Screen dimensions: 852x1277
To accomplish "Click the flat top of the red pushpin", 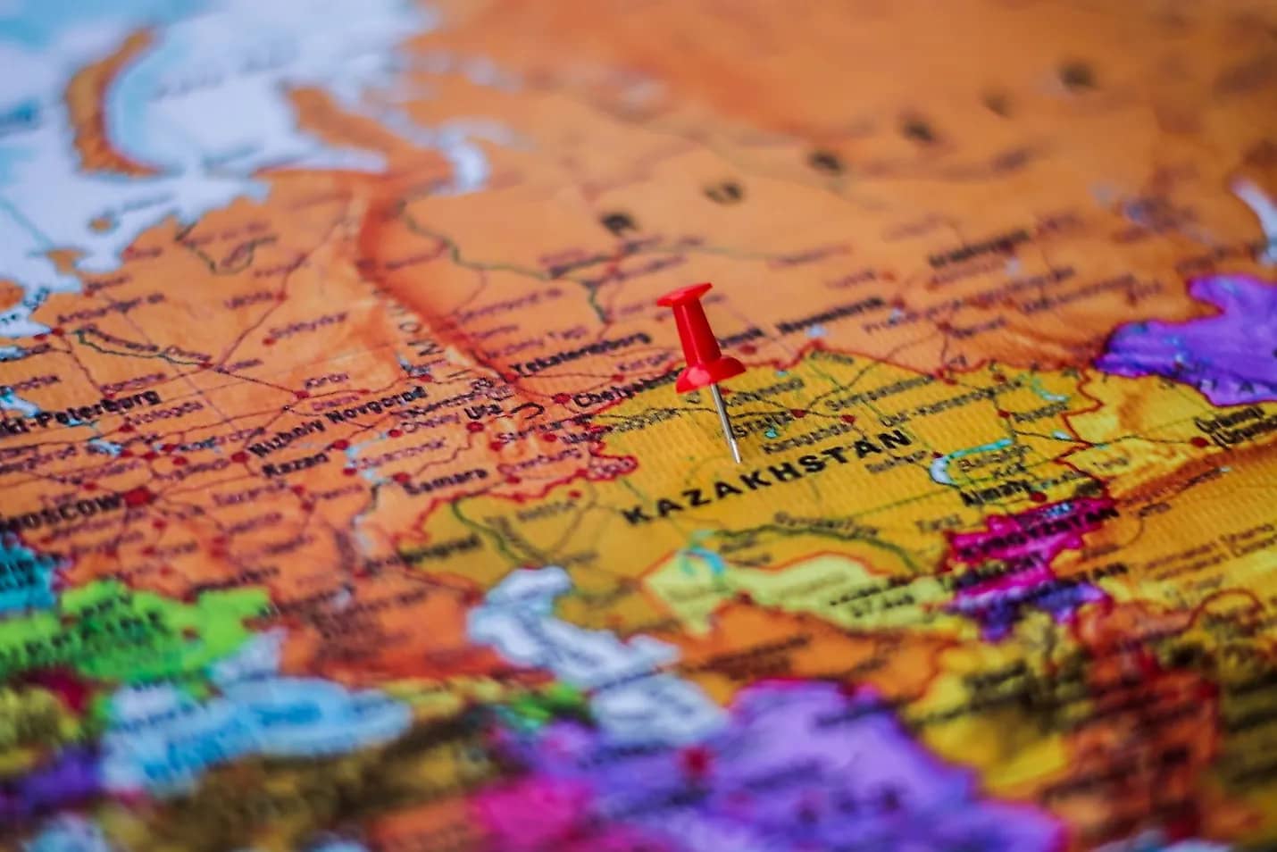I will point(685,296).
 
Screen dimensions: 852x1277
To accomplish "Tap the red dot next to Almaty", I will point(1037,497).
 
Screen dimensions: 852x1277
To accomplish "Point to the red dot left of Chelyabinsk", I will point(562,398).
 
